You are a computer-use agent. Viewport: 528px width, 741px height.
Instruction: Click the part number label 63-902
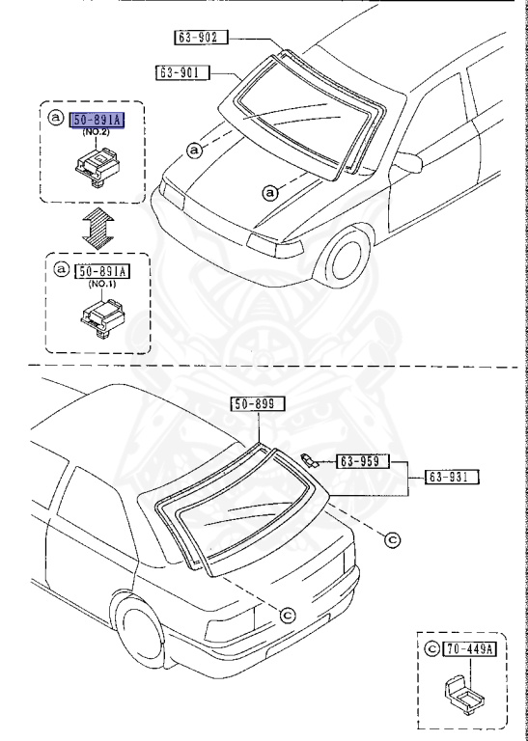(x=201, y=39)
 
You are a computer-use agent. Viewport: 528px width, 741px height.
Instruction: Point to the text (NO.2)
(x=97, y=133)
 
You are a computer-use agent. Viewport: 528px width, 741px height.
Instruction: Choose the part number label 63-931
(x=454, y=476)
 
